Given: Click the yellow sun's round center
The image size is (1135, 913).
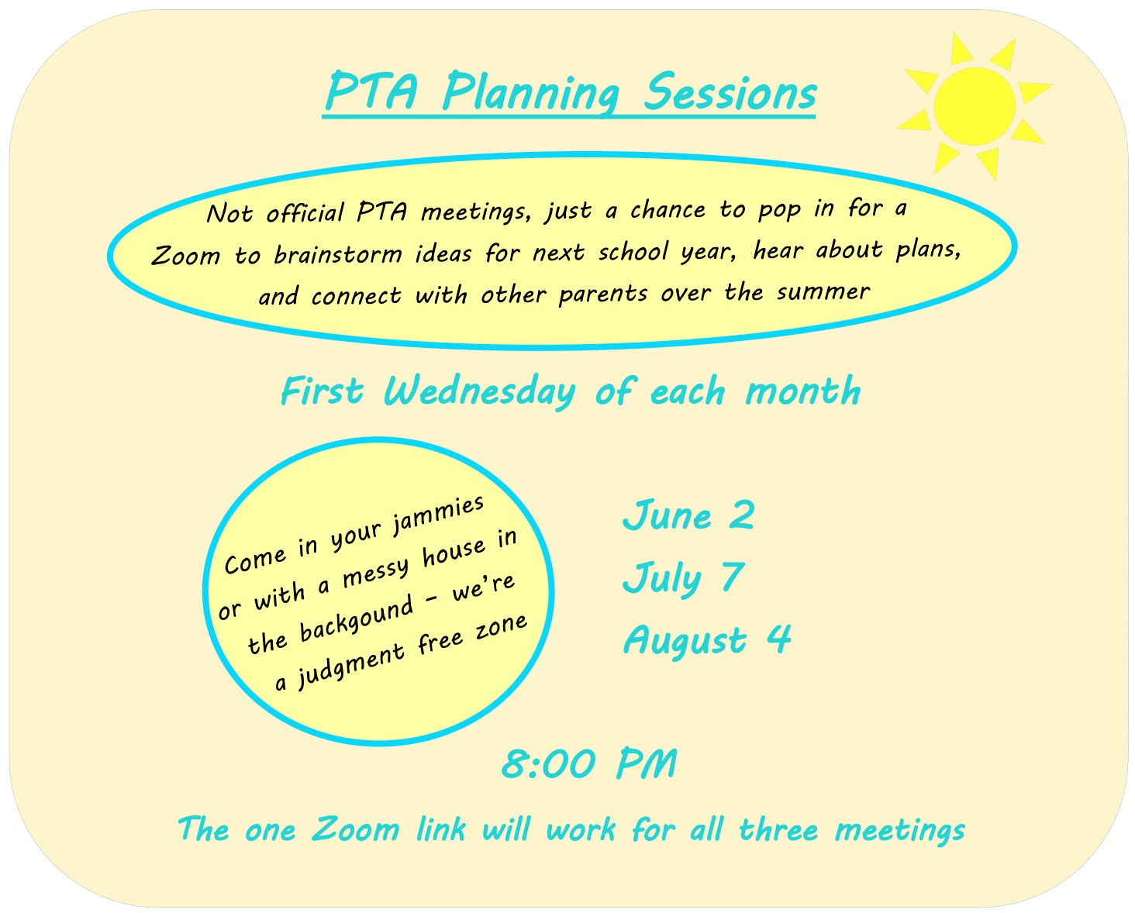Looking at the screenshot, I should pyautogui.click(x=975, y=106).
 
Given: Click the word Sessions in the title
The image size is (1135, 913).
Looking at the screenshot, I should pyautogui.click(x=730, y=93).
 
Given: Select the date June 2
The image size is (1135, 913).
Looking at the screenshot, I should pyautogui.click(x=688, y=515).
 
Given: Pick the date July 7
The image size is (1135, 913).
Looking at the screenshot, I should pyautogui.click(x=683, y=578).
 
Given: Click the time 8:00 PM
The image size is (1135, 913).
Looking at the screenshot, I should pyautogui.click(x=589, y=765).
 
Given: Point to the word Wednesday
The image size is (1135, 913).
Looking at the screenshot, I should pyautogui.click(x=480, y=391).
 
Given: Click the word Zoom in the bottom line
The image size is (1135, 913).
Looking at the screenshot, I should pyautogui.click(x=355, y=830).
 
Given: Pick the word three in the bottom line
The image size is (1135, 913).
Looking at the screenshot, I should pyautogui.click(x=778, y=830).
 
